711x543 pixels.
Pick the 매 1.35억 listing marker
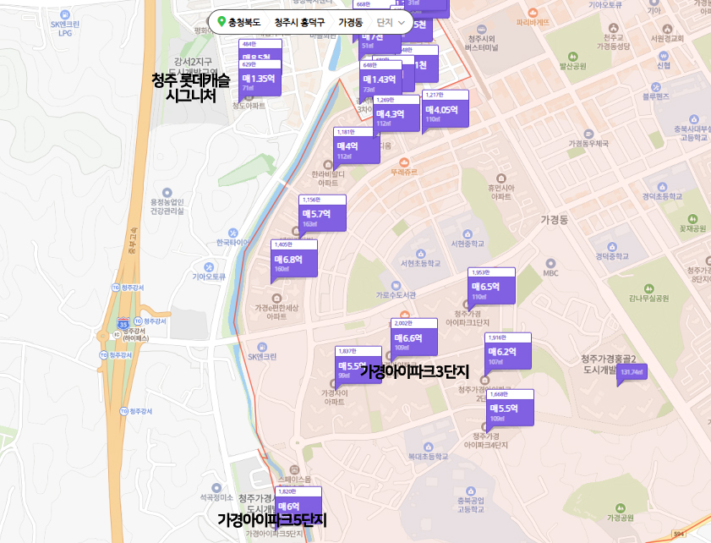pos(259,80)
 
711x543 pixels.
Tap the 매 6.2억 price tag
pos(507,354)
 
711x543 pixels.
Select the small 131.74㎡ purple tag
pos(632,372)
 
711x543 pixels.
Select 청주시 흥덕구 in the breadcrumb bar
pos(299,22)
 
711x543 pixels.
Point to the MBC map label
pos(551,273)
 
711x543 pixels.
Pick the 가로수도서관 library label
pos(396,295)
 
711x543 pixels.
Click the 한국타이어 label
pos(232,243)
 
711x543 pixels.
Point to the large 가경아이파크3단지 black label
pos(414,371)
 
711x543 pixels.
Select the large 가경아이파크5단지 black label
pos(271,519)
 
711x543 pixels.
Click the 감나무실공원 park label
pos(648,298)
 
